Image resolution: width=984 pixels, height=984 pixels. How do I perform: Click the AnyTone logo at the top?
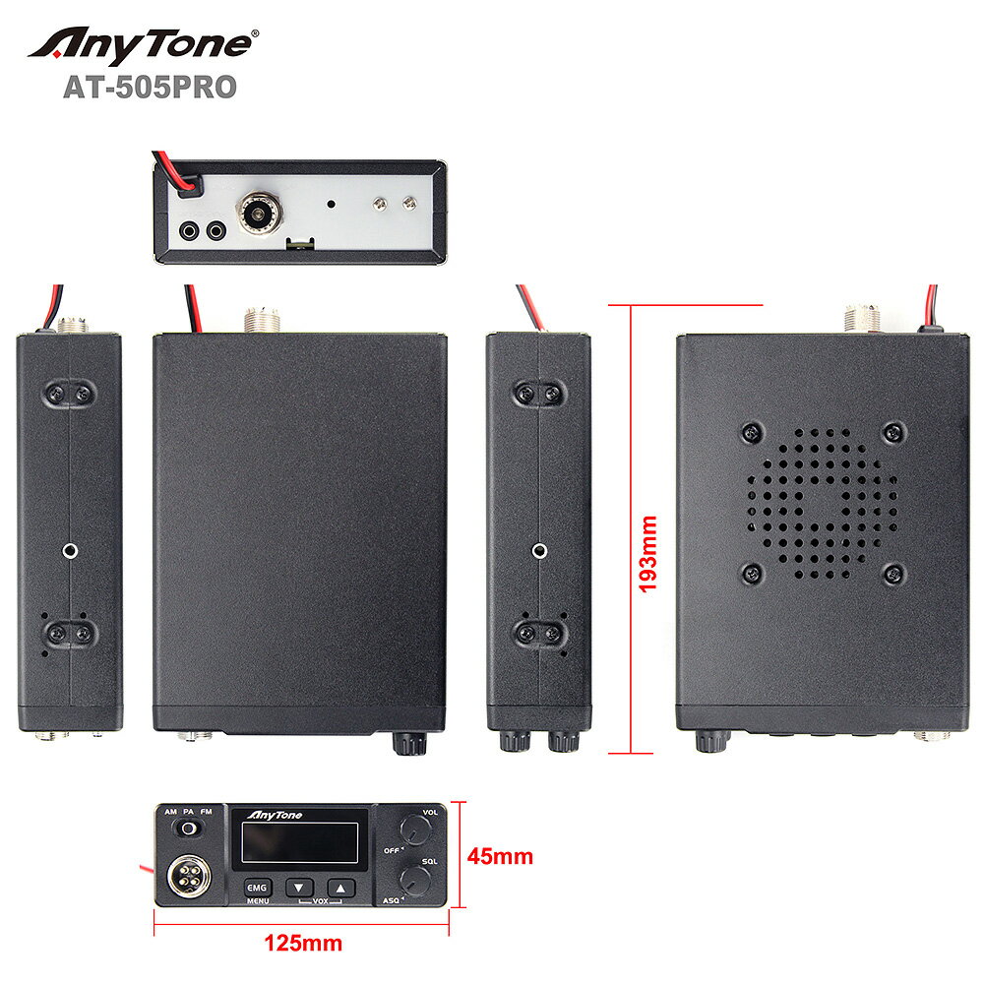[x=144, y=45]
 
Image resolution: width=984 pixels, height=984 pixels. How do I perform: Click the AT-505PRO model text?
[x=150, y=88]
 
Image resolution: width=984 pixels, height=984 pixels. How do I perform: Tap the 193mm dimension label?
[x=648, y=552]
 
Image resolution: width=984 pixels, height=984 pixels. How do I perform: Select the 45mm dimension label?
[x=500, y=856]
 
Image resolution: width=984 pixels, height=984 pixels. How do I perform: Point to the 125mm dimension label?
[x=303, y=943]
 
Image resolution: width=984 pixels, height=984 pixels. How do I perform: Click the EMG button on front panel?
[x=257, y=887]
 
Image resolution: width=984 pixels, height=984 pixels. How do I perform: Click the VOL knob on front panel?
[x=416, y=832]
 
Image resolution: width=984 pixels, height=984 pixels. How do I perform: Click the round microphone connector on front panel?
[x=184, y=875]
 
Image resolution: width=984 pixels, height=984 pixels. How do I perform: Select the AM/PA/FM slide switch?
[x=186, y=830]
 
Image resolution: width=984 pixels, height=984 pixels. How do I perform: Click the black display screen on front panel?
[x=301, y=843]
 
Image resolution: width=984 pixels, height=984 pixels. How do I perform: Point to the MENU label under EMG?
[x=257, y=901]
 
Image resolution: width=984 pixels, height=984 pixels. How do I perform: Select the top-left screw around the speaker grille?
[x=751, y=432]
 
